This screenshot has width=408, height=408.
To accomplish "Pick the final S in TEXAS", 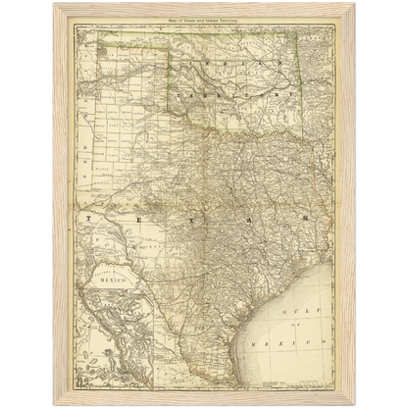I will pos(302,219).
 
